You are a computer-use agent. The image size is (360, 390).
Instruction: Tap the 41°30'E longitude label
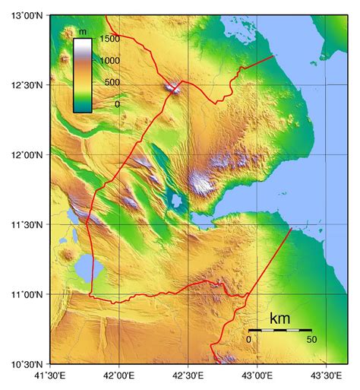(51, 376)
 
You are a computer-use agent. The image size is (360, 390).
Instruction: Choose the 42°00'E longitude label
(119, 376)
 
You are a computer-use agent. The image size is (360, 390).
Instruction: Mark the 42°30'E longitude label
(188, 376)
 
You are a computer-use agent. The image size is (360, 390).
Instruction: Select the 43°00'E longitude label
(257, 376)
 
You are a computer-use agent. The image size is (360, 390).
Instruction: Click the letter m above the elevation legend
(83, 30)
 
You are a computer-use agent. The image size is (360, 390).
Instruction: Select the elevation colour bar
(83, 75)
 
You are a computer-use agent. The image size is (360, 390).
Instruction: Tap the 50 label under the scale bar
(311, 339)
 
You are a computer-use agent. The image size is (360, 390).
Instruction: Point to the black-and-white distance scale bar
(279, 330)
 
